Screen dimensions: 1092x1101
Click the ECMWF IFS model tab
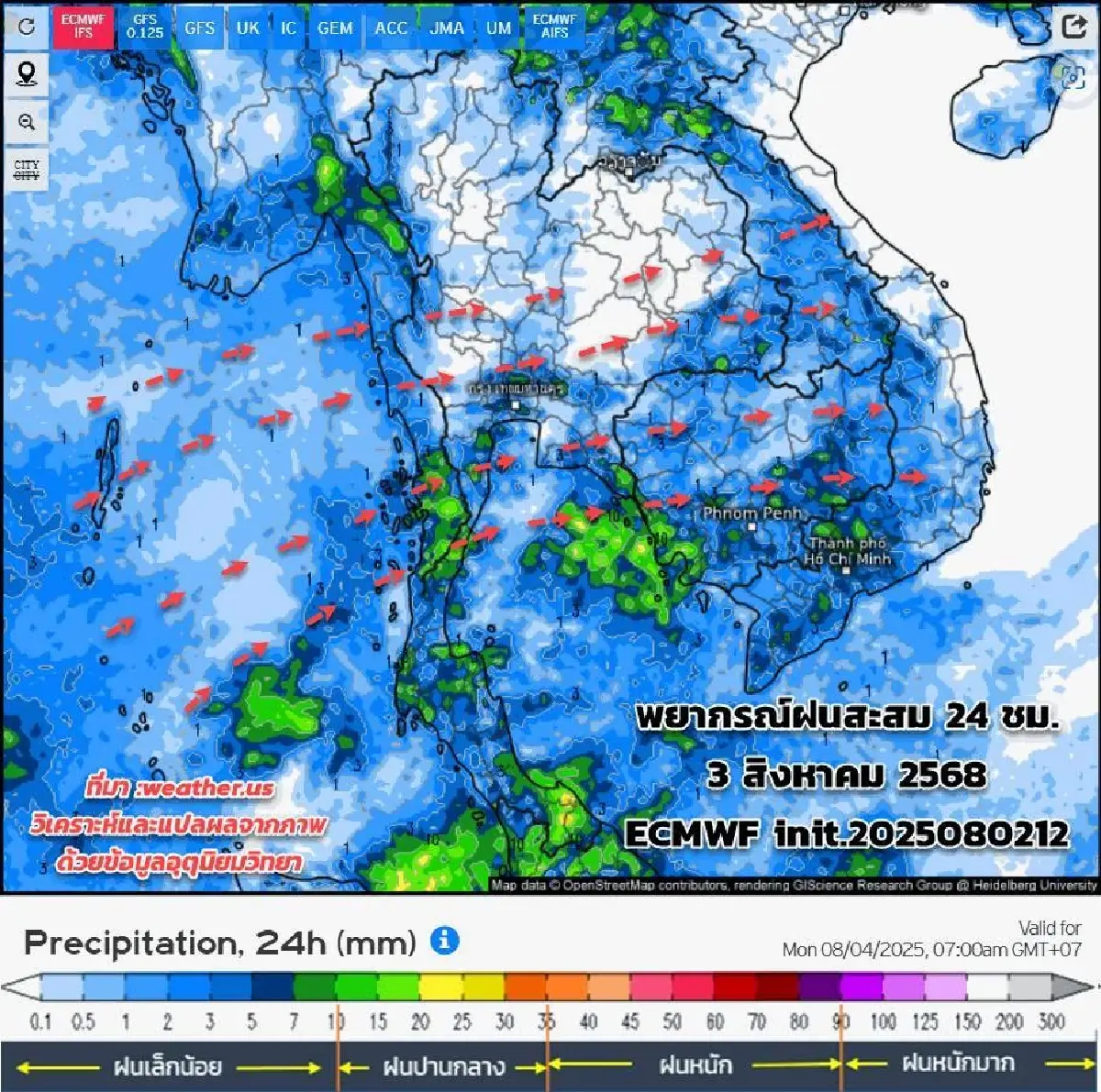(x=83, y=26)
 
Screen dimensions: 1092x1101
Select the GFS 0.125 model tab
(x=145, y=27)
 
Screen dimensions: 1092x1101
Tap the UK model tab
(x=248, y=28)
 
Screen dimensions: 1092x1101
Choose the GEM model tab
(x=335, y=28)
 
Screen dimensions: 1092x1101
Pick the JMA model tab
(x=447, y=28)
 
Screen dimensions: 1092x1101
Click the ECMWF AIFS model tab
(x=555, y=26)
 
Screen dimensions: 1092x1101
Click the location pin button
(x=27, y=73)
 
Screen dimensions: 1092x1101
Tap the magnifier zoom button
(x=27, y=122)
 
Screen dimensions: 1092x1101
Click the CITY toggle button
(x=27, y=170)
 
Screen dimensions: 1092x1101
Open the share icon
(x=1073, y=26)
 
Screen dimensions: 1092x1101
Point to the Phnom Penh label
(x=751, y=513)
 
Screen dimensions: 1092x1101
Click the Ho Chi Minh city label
(x=847, y=551)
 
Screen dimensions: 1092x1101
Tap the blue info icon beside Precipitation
(x=444, y=941)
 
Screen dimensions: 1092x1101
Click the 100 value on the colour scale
(x=883, y=1021)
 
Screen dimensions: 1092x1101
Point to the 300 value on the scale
(x=1051, y=1021)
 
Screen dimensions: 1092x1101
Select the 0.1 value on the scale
(x=40, y=1021)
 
